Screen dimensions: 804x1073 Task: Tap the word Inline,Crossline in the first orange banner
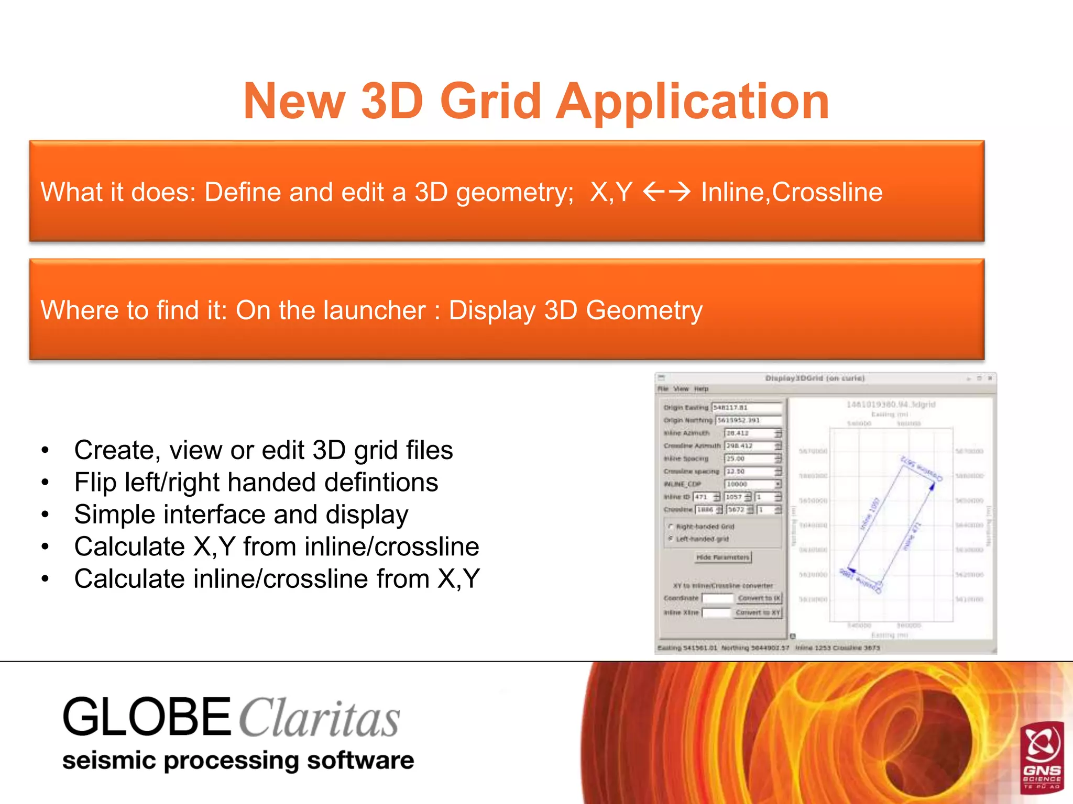pyautogui.click(x=792, y=192)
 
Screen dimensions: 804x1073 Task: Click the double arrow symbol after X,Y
pyautogui.click(x=666, y=192)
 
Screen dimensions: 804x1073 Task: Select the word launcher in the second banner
pyautogui.click(x=374, y=310)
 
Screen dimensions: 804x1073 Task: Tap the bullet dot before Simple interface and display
pyautogui.click(x=46, y=515)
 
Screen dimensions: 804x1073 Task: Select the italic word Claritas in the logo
pyautogui.click(x=320, y=719)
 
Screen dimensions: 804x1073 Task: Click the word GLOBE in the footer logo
pyautogui.click(x=147, y=717)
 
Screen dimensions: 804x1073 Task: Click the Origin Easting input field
pyautogui.click(x=746, y=407)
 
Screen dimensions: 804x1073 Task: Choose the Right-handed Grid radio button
pyautogui.click(x=671, y=527)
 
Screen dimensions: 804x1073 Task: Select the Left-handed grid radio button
pyautogui.click(x=671, y=539)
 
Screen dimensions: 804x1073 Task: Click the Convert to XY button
pyautogui.click(x=758, y=612)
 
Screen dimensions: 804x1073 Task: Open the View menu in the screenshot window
pyautogui.click(x=681, y=389)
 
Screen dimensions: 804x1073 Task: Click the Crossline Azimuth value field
pyautogui.click(x=749, y=446)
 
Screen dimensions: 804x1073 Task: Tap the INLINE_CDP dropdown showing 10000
pyautogui.click(x=752, y=484)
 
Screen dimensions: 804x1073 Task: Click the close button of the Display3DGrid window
pyautogui.click(x=990, y=378)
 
